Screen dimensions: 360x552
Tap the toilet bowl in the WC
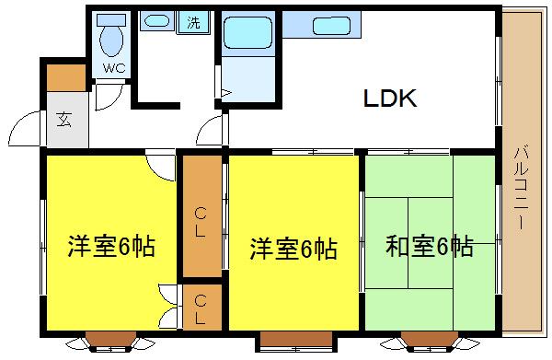[x=113, y=40]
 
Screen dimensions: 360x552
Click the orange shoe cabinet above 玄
[x=64, y=78]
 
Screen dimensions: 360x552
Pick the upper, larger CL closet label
[x=201, y=222]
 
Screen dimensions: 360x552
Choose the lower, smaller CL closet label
[x=201, y=308]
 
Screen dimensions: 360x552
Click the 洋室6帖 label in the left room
[x=110, y=247]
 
